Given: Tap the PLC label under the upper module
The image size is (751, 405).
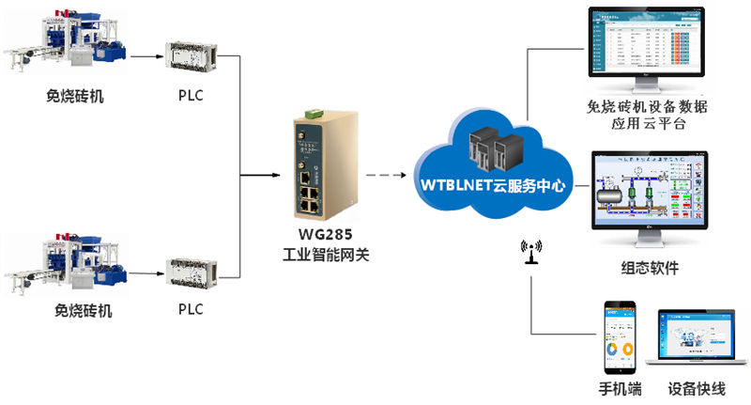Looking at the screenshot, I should [191, 96].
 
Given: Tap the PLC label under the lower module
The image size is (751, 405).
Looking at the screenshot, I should [191, 309].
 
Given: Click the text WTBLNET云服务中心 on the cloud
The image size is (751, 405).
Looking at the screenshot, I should [492, 186].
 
